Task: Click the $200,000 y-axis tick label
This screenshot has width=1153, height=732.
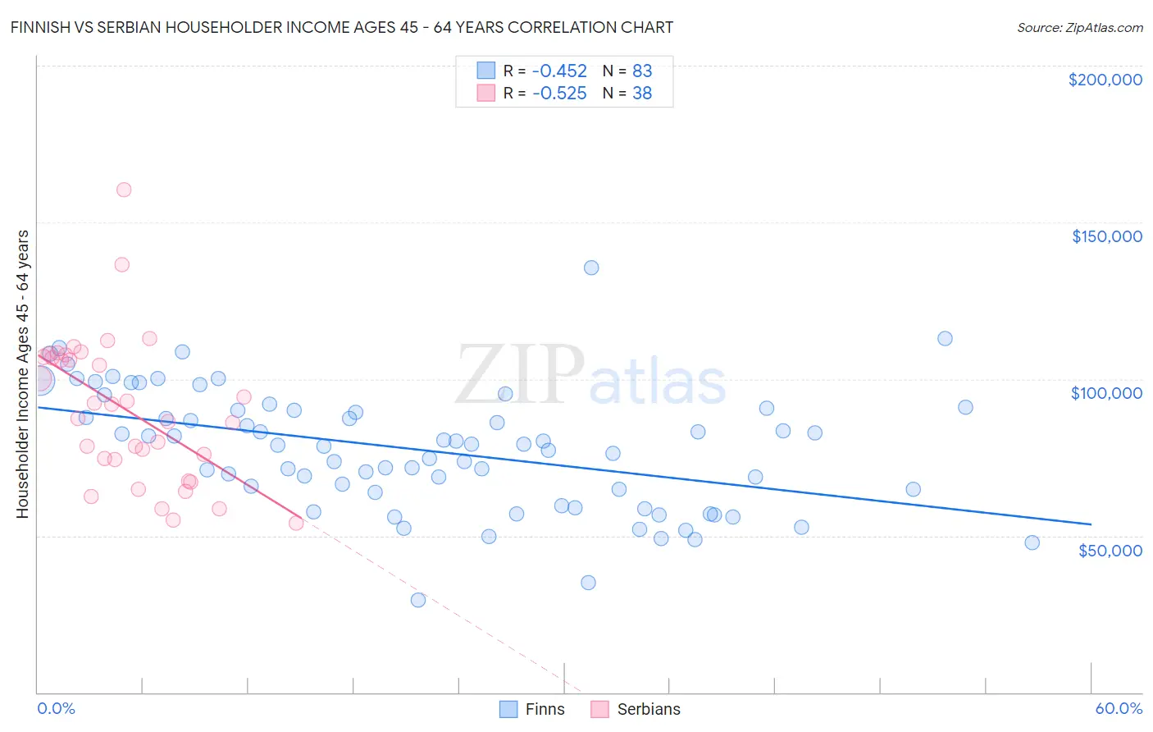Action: (x=1105, y=80)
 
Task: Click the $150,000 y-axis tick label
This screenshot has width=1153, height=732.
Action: (x=1106, y=236)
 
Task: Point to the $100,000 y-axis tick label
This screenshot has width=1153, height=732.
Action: (x=1106, y=393)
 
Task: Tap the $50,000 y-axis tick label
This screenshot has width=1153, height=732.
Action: (x=1110, y=550)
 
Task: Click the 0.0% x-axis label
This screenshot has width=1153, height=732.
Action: (x=56, y=708)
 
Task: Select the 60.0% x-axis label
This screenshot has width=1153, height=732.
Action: (x=1118, y=708)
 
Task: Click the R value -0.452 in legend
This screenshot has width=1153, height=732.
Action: (x=559, y=71)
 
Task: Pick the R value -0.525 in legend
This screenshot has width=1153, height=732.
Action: (x=559, y=94)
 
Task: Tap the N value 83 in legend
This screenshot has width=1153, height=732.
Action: (x=642, y=71)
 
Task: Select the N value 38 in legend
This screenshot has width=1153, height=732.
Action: (x=642, y=94)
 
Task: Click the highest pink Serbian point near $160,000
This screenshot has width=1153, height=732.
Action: (x=124, y=190)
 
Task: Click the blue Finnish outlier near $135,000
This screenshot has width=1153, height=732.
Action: (x=591, y=268)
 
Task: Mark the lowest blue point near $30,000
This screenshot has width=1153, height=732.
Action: (x=418, y=600)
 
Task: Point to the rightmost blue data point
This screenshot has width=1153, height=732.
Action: (x=1032, y=542)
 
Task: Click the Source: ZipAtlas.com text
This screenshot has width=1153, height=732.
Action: (x=1079, y=28)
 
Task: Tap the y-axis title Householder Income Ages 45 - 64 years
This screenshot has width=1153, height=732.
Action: (x=23, y=374)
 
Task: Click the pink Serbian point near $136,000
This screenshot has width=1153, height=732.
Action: (x=121, y=264)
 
